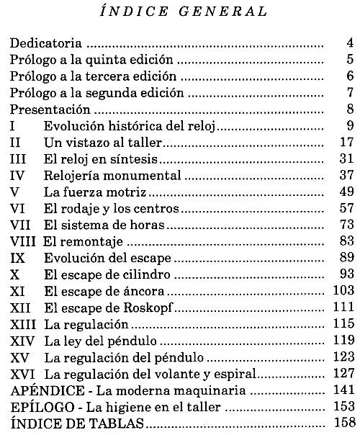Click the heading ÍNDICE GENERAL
tap(181, 11)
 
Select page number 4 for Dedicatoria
tap(348, 44)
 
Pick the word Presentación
tap(50, 109)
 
